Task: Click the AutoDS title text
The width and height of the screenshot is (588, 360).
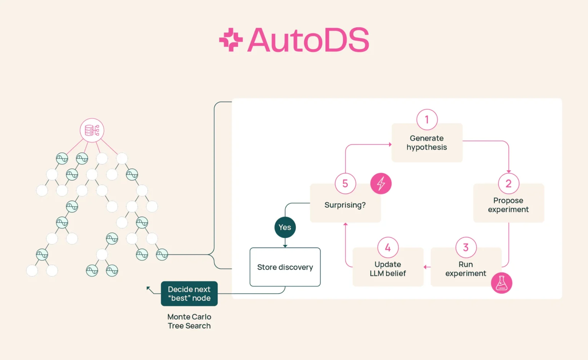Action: click(x=309, y=40)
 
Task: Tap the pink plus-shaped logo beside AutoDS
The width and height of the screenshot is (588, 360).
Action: click(x=231, y=39)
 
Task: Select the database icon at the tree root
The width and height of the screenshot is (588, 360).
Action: click(x=92, y=130)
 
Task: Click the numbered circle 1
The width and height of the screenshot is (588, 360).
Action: click(x=427, y=119)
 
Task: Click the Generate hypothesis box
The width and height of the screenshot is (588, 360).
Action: click(x=427, y=143)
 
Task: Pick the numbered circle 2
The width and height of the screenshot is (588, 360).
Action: click(x=508, y=183)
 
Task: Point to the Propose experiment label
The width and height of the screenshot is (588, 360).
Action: click(x=508, y=205)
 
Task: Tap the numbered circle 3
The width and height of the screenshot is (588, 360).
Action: click(x=466, y=247)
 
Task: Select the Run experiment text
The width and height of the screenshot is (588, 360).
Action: click(x=465, y=269)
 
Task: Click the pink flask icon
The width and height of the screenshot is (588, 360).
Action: click(x=501, y=283)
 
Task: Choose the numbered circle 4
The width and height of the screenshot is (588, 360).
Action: click(x=388, y=247)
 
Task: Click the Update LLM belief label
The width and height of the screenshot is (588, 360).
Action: click(x=388, y=269)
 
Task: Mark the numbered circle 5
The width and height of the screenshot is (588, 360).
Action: click(x=345, y=183)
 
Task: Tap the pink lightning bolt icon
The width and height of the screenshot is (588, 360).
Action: click(x=381, y=183)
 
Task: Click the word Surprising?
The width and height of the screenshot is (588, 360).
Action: click(x=345, y=205)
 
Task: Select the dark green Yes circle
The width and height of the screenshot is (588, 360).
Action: click(x=285, y=227)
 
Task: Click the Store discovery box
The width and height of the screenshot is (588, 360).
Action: click(x=285, y=267)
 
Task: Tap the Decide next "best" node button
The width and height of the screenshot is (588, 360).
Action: click(x=189, y=294)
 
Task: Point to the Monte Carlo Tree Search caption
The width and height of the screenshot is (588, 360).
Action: click(x=189, y=321)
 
